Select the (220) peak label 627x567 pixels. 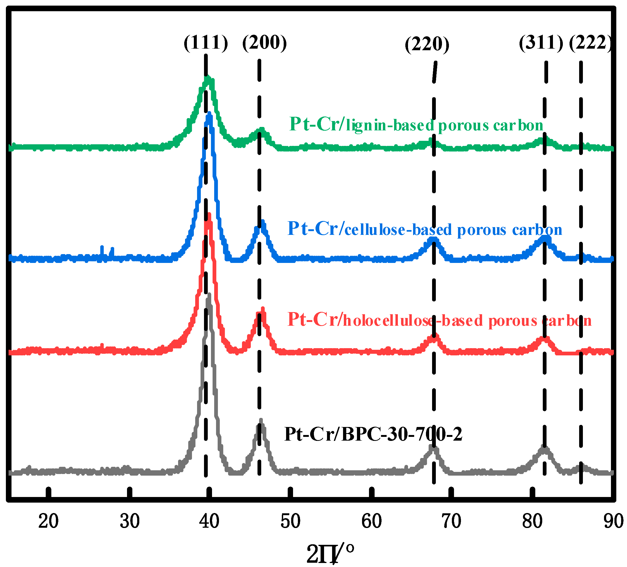point(427,44)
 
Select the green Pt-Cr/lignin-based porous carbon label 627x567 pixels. point(416,125)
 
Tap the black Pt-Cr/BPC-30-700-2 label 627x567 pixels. point(373,434)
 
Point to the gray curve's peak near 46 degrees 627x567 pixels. point(261,420)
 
